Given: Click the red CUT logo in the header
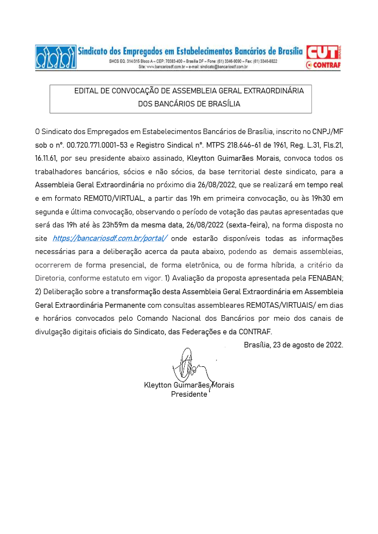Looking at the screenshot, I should [322, 52].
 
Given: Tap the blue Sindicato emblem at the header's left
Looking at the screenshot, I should [55, 56].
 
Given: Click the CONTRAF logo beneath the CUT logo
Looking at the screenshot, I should [324, 65].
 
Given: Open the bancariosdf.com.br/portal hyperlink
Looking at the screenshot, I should [110, 238].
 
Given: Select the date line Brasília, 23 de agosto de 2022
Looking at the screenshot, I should [293, 345].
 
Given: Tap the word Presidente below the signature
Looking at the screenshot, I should [189, 395].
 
